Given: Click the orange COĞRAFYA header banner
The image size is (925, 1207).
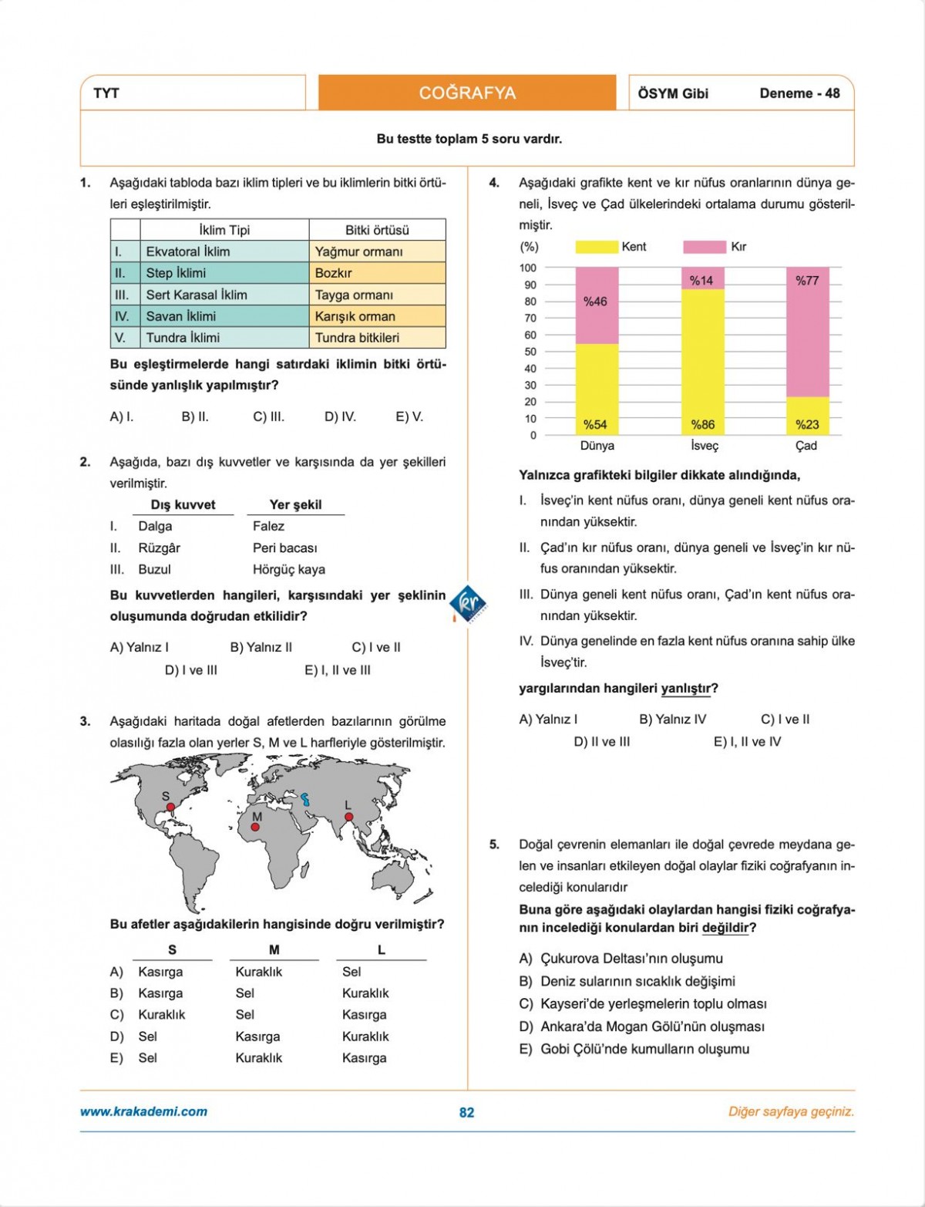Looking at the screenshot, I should pyautogui.click(x=467, y=93).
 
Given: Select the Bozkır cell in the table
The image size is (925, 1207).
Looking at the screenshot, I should pyautogui.click(x=377, y=273).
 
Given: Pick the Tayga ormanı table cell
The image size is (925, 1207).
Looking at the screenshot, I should pyautogui.click(x=377, y=295).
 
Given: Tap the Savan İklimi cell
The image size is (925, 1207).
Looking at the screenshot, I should pyautogui.click(x=224, y=316).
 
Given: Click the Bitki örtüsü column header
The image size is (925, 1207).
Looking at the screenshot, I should pyautogui.click(x=377, y=230).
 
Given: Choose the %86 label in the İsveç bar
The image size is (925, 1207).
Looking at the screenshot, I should pyautogui.click(x=702, y=424).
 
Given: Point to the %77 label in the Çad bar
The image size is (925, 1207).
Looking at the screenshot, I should pyautogui.click(x=807, y=281).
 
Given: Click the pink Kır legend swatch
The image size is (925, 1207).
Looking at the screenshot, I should pyautogui.click(x=704, y=247).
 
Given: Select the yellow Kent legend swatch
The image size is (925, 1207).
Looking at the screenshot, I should pyautogui.click(x=597, y=247).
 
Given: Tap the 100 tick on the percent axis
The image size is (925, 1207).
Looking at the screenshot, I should pyautogui.click(x=528, y=268).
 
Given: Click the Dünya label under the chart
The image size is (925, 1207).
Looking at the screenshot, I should pyautogui.click(x=597, y=446).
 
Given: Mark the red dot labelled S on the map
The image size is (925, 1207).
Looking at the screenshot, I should pyautogui.click(x=171, y=807).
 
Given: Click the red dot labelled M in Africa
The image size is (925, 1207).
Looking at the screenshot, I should pyautogui.click(x=255, y=827).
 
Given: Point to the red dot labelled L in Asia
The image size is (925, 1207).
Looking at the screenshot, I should pyautogui.click(x=348, y=817).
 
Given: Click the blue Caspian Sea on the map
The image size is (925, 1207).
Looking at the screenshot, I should pyautogui.click(x=306, y=799).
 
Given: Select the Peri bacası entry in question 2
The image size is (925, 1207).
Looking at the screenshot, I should pyautogui.click(x=284, y=548).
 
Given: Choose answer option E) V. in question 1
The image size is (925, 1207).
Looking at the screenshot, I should pyautogui.click(x=409, y=416).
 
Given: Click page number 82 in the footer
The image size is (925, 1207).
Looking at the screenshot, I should pyautogui.click(x=466, y=1112).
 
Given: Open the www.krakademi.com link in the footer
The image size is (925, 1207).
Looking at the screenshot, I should pyautogui.click(x=143, y=1111).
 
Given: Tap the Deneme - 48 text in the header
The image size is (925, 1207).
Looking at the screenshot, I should pyautogui.click(x=799, y=93).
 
